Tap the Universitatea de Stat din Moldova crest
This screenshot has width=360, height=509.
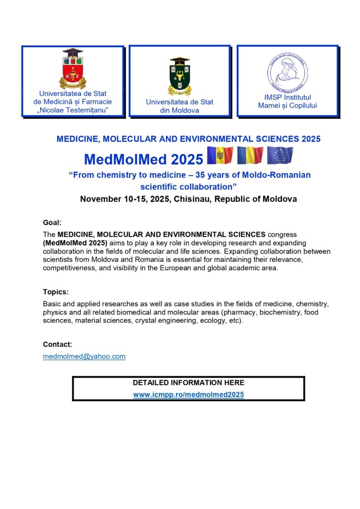click(180, 76)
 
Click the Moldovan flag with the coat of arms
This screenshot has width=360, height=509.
click(220, 156)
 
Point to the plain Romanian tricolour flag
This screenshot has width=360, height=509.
click(250, 156)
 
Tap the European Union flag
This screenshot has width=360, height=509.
click(280, 156)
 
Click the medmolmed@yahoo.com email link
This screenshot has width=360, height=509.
click(84, 356)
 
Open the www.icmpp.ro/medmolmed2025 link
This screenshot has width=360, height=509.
click(188, 395)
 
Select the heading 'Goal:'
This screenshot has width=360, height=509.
click(52, 223)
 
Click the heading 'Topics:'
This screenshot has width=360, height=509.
click(56, 292)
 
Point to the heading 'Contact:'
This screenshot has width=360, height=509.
click(58, 344)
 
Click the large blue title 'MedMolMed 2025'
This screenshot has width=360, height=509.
click(144, 159)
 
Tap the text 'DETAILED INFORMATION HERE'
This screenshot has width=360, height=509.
click(188, 383)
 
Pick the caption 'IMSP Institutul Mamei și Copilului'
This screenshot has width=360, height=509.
click(287, 101)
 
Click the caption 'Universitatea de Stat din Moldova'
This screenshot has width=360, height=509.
click(180, 106)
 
